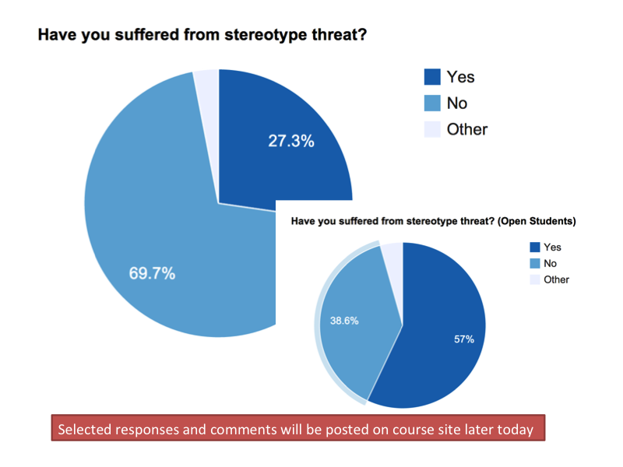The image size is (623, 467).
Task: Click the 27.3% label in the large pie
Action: click(x=291, y=141)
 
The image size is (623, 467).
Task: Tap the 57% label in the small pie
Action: click(x=464, y=339)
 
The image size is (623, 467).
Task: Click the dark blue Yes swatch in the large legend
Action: click(x=432, y=77)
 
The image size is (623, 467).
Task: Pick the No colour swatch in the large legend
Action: click(x=432, y=104)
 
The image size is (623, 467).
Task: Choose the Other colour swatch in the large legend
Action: click(x=432, y=129)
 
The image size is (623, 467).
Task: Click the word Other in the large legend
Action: click(x=467, y=129)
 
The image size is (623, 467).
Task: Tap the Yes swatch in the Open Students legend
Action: click(x=534, y=247)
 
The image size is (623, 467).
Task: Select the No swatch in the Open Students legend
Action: click(x=534, y=263)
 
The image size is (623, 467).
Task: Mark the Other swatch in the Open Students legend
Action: click(x=534, y=279)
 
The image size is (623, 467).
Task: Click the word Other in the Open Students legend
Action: click(x=557, y=279)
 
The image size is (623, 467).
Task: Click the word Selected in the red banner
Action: click(x=84, y=429)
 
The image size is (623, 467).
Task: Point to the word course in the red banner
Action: click(x=392, y=429)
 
